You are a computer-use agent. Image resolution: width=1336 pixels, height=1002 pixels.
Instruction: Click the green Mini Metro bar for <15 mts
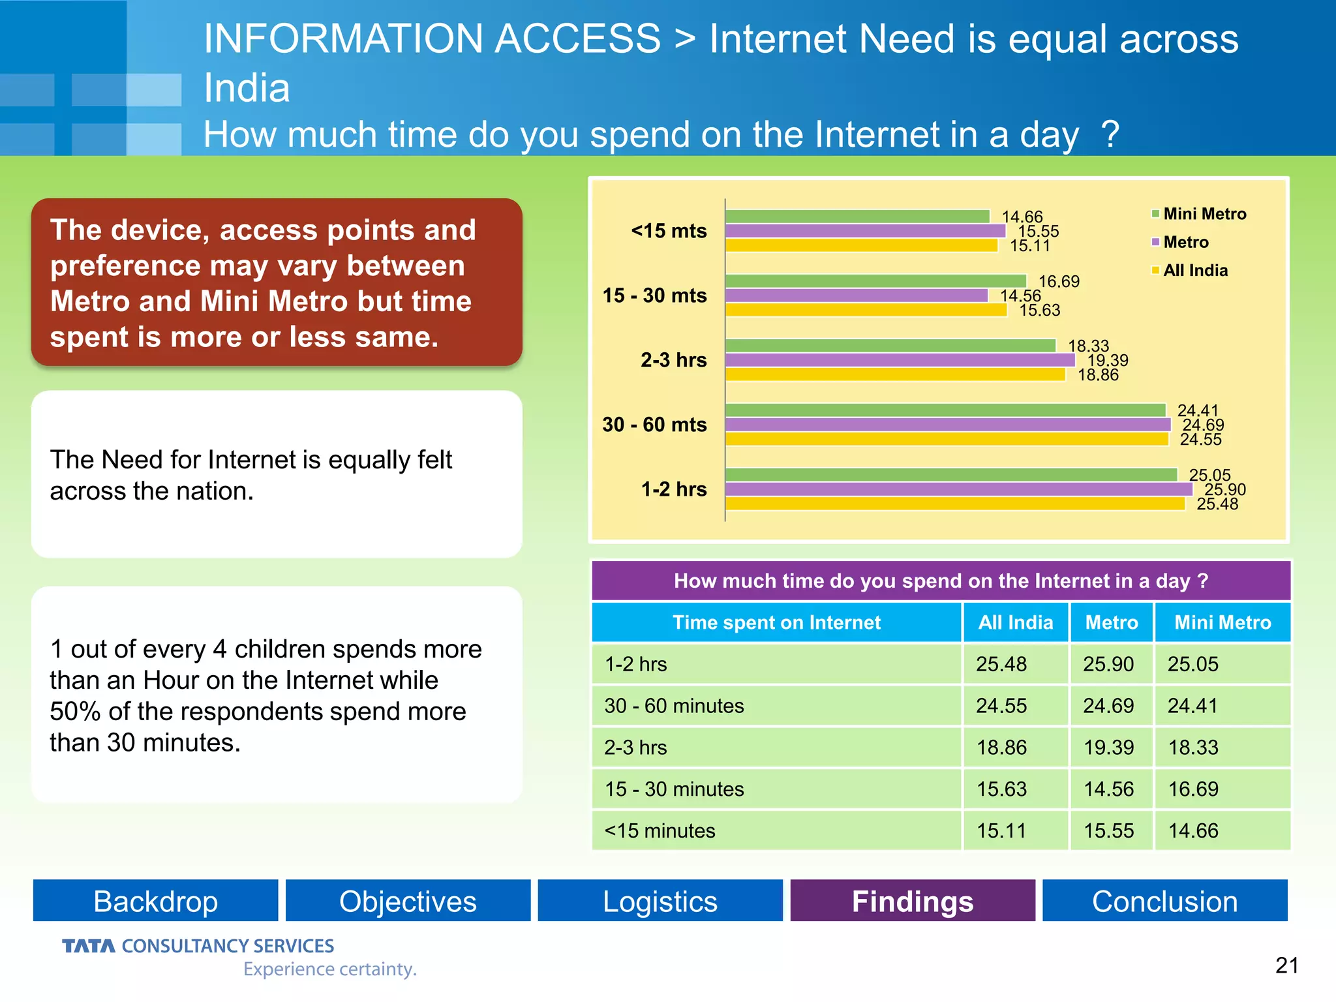coord(857,217)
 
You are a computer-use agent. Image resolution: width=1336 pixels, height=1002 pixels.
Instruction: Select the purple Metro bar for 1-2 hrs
coord(958,489)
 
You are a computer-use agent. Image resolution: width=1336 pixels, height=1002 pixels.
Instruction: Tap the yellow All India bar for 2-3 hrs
coord(895,374)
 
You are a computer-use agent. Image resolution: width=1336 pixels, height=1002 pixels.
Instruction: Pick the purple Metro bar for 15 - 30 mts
coord(857,296)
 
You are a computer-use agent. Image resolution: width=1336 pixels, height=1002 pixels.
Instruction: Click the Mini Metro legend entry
coord(1199,214)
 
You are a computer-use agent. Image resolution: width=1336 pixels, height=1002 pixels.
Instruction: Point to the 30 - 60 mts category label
coord(654,425)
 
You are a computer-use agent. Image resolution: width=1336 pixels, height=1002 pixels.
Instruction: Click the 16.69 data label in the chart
coord(1059,281)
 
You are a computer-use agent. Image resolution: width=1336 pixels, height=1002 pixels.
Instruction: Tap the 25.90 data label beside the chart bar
coord(1224,489)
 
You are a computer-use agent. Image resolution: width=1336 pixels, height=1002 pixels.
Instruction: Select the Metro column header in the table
coord(1111,622)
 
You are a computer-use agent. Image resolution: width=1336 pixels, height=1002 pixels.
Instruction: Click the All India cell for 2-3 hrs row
coord(1001,747)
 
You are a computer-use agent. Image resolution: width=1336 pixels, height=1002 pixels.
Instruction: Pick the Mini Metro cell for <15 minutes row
coord(1193,830)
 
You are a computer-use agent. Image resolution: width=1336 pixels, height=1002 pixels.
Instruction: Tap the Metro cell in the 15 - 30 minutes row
coord(1108,789)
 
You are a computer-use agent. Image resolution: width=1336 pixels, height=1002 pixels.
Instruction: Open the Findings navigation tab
coord(912,901)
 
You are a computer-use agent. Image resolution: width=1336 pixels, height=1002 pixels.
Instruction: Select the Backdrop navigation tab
coord(155,901)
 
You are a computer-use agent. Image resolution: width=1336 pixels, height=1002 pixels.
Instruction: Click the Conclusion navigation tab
coord(1164,901)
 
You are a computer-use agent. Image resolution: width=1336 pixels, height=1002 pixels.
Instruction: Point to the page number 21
coord(1286,965)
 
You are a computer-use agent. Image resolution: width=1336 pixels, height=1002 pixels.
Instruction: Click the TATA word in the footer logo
coord(89,946)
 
